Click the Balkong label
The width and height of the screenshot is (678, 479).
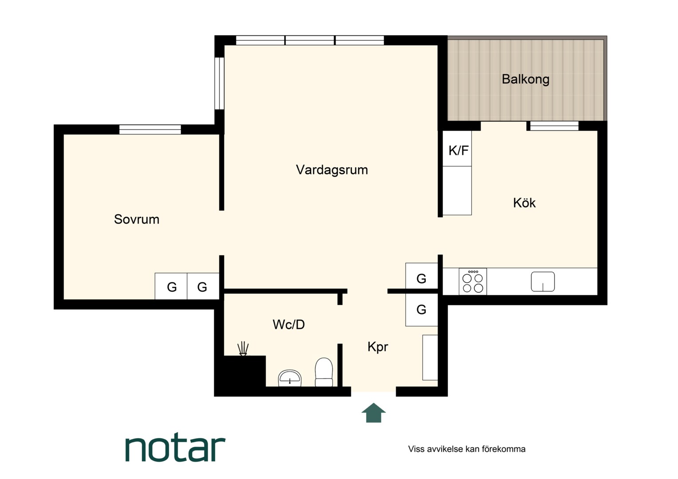[x=525, y=79]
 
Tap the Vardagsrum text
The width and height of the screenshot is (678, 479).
[x=332, y=170]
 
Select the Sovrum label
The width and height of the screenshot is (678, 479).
[x=137, y=220]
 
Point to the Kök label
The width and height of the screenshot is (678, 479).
[x=524, y=203]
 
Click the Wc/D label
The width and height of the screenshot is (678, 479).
[x=288, y=325]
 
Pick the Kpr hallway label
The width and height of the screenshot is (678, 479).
[x=378, y=347]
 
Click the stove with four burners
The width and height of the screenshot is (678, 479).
[x=473, y=281]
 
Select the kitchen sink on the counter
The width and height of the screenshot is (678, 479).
[x=543, y=282]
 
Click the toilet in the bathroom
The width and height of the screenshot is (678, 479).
[x=324, y=372]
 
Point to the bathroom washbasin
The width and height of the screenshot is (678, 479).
[x=290, y=378]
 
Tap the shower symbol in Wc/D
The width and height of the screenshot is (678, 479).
[x=243, y=349]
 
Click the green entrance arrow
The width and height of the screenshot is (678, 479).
[x=374, y=413]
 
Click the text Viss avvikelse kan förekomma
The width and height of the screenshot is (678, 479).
[x=466, y=449]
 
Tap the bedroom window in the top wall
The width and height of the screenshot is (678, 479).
[x=150, y=129]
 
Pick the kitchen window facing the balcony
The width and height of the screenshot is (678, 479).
[x=554, y=126]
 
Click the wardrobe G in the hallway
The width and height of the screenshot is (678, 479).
[x=422, y=310]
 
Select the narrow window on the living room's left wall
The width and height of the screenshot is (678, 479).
[x=220, y=83]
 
